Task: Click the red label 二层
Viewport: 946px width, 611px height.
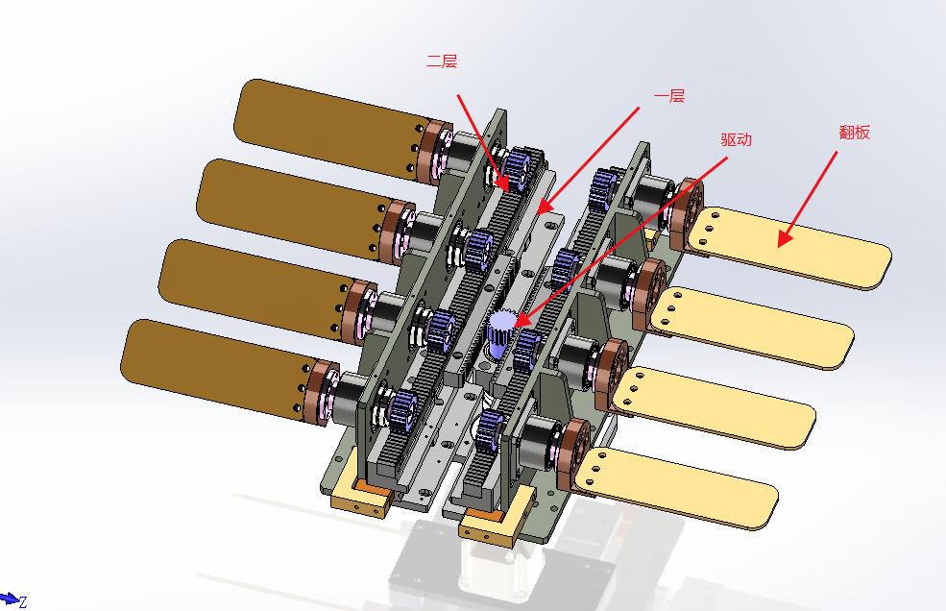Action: point(442,61)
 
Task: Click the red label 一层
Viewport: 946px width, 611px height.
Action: point(669,96)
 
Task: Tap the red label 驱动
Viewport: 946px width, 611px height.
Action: point(736,139)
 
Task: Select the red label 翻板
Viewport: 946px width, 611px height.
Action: point(855,133)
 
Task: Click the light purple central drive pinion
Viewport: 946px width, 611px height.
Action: point(500,335)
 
